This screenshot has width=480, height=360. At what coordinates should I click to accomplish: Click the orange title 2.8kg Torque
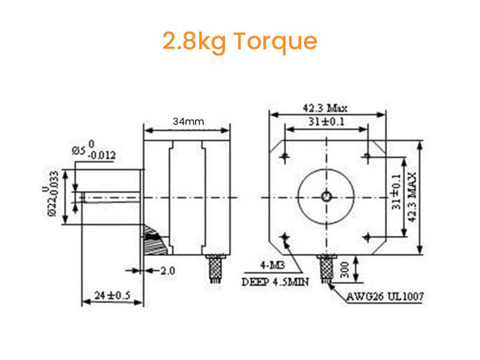[239, 41]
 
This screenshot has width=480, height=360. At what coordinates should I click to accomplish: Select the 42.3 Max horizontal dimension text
[325, 109]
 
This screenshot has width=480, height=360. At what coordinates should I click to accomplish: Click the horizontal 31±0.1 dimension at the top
[326, 122]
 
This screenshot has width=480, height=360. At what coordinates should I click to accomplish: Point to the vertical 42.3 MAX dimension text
[412, 199]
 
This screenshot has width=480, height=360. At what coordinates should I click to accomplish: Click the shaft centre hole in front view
[326, 196]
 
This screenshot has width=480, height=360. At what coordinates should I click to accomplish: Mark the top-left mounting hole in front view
[286, 157]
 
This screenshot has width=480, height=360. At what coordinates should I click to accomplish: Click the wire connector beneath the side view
[215, 268]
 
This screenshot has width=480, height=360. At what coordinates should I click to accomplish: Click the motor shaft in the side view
[111, 197]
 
